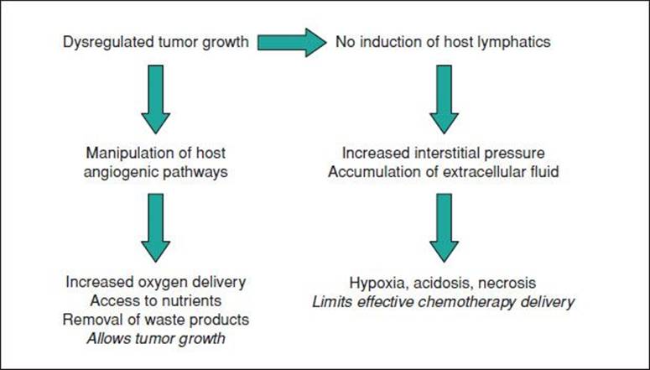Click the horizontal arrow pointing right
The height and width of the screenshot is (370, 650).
pos(292,42)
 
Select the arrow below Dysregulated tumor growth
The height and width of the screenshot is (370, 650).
pos(155,99)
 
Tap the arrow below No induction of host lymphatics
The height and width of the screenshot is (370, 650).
pos(444,99)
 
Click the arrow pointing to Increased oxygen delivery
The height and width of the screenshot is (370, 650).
pos(155,227)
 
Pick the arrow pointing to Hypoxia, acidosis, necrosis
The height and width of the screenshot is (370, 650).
pos(444,227)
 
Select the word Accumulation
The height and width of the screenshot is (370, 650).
pos(370,172)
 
